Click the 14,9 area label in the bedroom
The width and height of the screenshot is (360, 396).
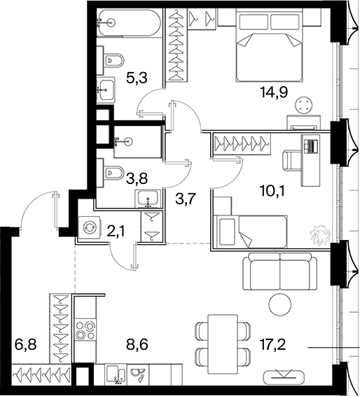click(x=275, y=92)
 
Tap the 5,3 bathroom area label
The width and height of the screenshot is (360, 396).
click(x=137, y=78)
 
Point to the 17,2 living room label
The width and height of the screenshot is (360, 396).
click(x=273, y=344)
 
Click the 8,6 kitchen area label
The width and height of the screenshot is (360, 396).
click(x=137, y=344)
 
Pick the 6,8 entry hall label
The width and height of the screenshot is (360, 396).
click(x=26, y=344)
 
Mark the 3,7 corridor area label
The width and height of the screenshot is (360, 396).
click(x=186, y=199)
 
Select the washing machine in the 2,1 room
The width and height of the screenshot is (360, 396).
click(x=90, y=227)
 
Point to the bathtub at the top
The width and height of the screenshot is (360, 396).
click(x=129, y=22)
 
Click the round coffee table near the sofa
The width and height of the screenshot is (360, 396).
click(x=280, y=304)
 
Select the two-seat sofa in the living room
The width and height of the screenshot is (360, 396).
click(x=280, y=271)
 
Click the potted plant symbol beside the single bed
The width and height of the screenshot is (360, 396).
click(x=320, y=234)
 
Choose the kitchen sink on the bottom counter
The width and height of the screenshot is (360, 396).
click(x=116, y=374)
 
